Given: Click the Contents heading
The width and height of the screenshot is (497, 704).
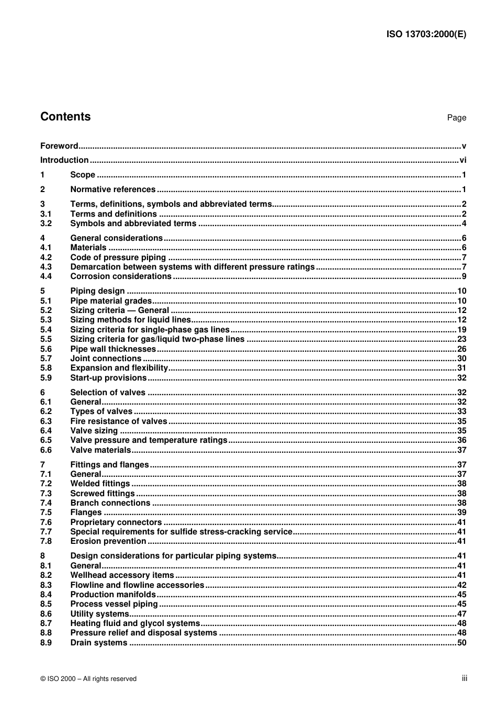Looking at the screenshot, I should pos(65,117).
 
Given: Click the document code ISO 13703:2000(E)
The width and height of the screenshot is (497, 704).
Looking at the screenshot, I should pos(426,35).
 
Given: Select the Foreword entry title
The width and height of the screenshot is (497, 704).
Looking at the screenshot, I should pos(59,146).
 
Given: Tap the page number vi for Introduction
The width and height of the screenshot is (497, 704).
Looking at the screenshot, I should pos(462,160).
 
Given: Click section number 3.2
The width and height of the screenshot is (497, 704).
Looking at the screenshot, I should pos(46,224).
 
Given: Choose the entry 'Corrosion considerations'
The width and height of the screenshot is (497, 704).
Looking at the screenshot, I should pos(121,276).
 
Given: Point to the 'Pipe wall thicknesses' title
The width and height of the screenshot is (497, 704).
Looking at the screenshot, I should pos(113,349).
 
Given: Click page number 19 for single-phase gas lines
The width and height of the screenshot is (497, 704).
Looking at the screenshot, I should pos(461,330).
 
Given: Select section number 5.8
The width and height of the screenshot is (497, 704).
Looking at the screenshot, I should pos(46,368).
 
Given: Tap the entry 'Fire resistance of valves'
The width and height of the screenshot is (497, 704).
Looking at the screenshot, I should pos(119,421).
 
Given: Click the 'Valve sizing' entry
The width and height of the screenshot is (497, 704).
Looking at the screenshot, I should pos(94,431).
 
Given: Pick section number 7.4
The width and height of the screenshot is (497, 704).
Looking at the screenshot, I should pos(46,503).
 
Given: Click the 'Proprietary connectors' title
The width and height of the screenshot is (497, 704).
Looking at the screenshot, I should pos(116,522).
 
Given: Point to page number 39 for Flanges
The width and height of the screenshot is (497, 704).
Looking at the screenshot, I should pos(461,512).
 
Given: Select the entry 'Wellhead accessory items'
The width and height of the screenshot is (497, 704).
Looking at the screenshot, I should pos(122,575).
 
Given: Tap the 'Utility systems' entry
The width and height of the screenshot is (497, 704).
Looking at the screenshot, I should pos(99,614).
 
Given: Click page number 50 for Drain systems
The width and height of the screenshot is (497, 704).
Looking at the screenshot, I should pos(461,643).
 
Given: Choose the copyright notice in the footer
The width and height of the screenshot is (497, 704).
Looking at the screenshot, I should pos(88,679).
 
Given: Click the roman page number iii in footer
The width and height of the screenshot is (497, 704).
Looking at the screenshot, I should pos(464,678).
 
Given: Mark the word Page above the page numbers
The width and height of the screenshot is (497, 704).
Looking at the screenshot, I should pos(456,118).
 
